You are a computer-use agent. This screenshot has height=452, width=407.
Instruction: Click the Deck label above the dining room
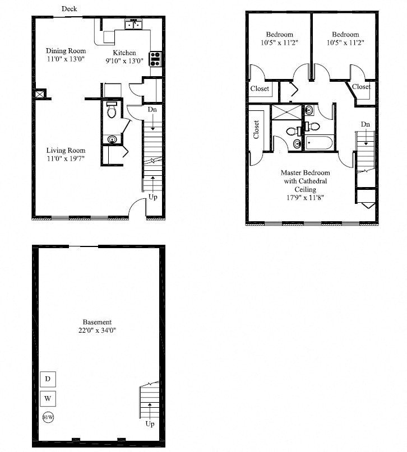point(69,9)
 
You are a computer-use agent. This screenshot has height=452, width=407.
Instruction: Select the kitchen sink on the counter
point(133,24)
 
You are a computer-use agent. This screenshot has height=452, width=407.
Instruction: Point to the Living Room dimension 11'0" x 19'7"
point(66,159)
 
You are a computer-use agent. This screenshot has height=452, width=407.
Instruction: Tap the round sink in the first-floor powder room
point(112,139)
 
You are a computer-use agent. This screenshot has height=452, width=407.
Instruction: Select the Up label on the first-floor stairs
point(152,197)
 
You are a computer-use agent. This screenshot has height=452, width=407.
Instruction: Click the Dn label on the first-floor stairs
point(152,110)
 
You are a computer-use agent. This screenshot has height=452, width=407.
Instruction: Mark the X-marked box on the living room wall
point(40,95)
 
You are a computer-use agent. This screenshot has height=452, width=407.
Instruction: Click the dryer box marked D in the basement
point(48,379)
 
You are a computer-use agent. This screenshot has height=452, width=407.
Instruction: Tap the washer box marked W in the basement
point(48,399)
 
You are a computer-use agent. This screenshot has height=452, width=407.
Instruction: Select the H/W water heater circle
point(48,417)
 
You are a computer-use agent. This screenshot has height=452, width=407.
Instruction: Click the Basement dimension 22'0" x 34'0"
point(97,330)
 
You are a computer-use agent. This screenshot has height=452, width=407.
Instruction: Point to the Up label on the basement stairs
point(150,424)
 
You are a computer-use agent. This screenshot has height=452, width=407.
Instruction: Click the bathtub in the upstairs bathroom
point(318,142)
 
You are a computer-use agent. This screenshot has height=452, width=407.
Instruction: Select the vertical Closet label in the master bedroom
point(256,130)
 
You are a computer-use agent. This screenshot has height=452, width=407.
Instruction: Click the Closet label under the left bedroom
point(260,88)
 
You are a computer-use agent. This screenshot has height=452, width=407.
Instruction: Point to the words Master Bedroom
point(305,173)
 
